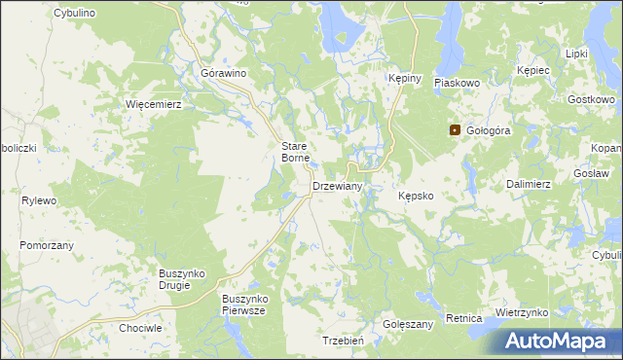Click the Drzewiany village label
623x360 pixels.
337,186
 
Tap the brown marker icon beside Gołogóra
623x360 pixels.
455,129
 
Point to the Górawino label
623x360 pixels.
222,74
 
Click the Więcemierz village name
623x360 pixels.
154,103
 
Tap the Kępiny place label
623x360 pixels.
403,79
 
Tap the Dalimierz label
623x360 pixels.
530,183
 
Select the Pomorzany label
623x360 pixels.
47,245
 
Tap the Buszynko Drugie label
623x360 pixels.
181,280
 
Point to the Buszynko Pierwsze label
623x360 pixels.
243,305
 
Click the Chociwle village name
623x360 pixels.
140,329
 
